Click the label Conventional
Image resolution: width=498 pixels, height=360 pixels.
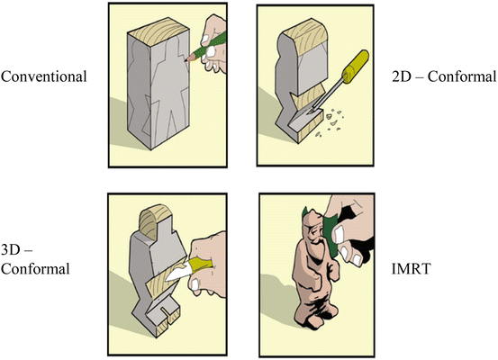coord(44,76)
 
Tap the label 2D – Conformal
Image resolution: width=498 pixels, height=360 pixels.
coord(444,76)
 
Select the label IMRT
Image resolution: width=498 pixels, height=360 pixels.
coord(412,269)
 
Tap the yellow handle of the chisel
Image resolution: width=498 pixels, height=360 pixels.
coord(355,67)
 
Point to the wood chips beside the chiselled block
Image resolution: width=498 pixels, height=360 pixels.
coord(330,122)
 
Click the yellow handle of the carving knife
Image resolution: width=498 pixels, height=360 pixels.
coord(199,264)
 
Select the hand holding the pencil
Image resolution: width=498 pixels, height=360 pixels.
coord(213,44)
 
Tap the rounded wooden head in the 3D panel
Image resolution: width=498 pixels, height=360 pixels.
coord(155,222)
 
